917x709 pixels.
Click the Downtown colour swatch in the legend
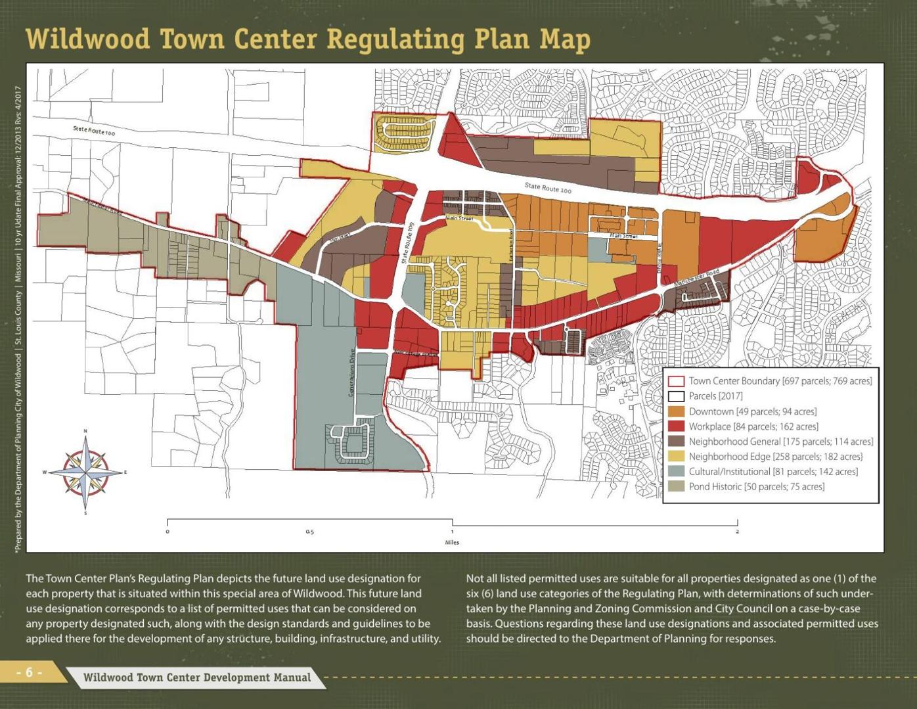676,411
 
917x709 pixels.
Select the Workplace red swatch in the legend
676,426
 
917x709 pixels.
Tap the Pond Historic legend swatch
676,487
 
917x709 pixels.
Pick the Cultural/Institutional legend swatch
676,472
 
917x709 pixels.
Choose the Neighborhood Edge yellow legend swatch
676,457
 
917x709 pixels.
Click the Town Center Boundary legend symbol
676,381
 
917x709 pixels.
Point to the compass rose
85,472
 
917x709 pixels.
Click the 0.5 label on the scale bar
309,532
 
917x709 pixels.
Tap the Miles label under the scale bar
452,543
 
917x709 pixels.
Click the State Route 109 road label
407,244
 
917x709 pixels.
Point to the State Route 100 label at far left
94,131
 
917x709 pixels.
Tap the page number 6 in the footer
30,672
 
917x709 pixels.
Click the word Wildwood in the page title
89,39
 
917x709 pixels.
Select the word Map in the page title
564,39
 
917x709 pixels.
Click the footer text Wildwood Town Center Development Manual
197,677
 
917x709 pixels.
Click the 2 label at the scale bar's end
737,532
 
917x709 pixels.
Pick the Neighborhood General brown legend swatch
676,442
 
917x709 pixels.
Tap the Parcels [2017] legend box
676,396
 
